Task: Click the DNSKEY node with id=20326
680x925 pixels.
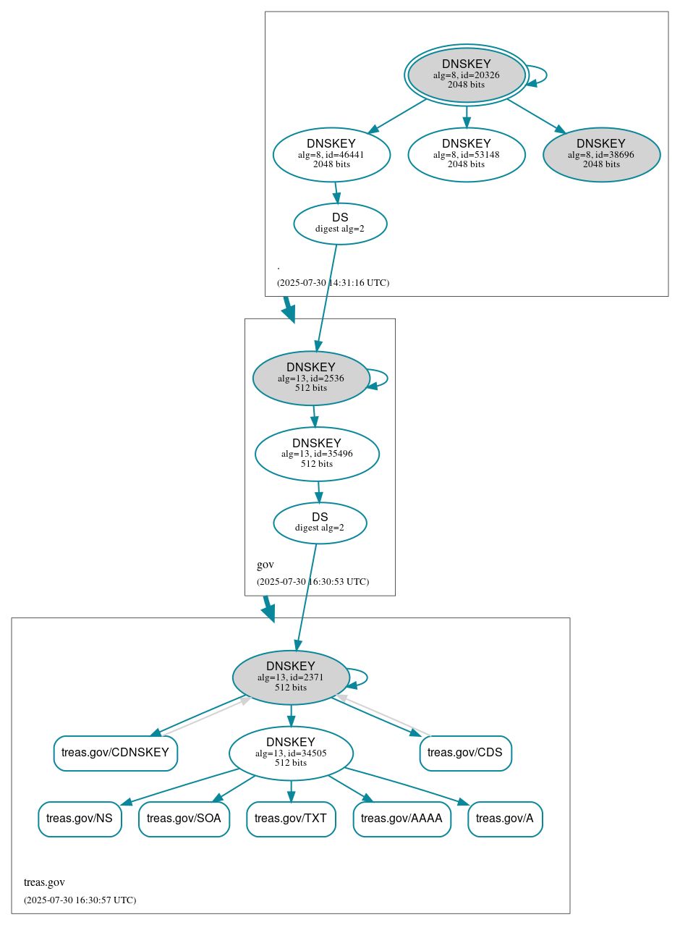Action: (467, 75)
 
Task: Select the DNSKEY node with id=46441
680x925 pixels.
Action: (331, 154)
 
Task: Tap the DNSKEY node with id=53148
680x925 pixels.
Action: (467, 154)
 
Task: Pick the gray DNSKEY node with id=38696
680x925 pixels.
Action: (601, 154)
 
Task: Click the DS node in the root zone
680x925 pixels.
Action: (340, 224)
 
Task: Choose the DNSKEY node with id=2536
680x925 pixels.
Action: (311, 378)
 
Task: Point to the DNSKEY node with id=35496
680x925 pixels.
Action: (317, 454)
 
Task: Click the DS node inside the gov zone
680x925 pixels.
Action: (320, 523)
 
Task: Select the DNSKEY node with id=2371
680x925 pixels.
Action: (291, 677)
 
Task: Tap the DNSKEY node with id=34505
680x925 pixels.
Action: (291, 753)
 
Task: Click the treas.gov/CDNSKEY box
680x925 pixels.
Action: (115, 753)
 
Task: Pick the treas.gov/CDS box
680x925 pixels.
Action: (465, 753)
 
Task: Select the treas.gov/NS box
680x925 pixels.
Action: (80, 819)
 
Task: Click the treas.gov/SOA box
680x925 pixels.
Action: (184, 819)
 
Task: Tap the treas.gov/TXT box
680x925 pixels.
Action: (291, 819)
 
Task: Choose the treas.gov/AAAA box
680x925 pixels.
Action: (401, 819)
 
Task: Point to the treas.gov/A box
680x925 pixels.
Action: (505, 819)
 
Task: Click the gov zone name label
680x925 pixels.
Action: (265, 565)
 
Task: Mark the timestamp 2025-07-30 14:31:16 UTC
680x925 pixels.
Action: (333, 282)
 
